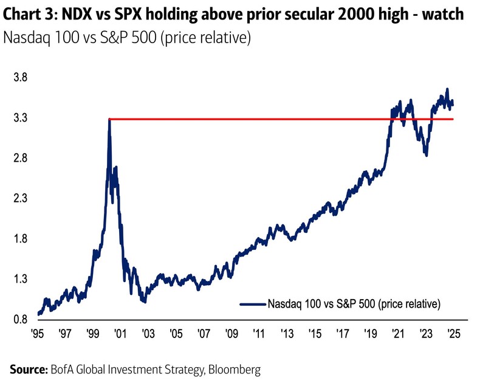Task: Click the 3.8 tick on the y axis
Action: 19,78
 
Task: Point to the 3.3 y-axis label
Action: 19,118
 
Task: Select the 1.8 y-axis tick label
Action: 19,239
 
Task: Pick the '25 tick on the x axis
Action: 453,334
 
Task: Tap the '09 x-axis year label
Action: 231,334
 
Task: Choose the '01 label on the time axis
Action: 120,334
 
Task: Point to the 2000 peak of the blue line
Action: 109,120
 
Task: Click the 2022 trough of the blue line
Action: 427,156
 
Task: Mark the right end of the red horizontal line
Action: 453,119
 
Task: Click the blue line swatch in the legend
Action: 252,302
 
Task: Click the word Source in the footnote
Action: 28,368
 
